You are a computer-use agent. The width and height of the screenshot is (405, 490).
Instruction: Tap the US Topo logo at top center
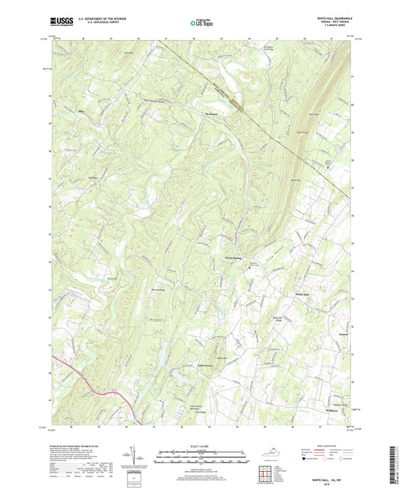pos(201,24)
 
